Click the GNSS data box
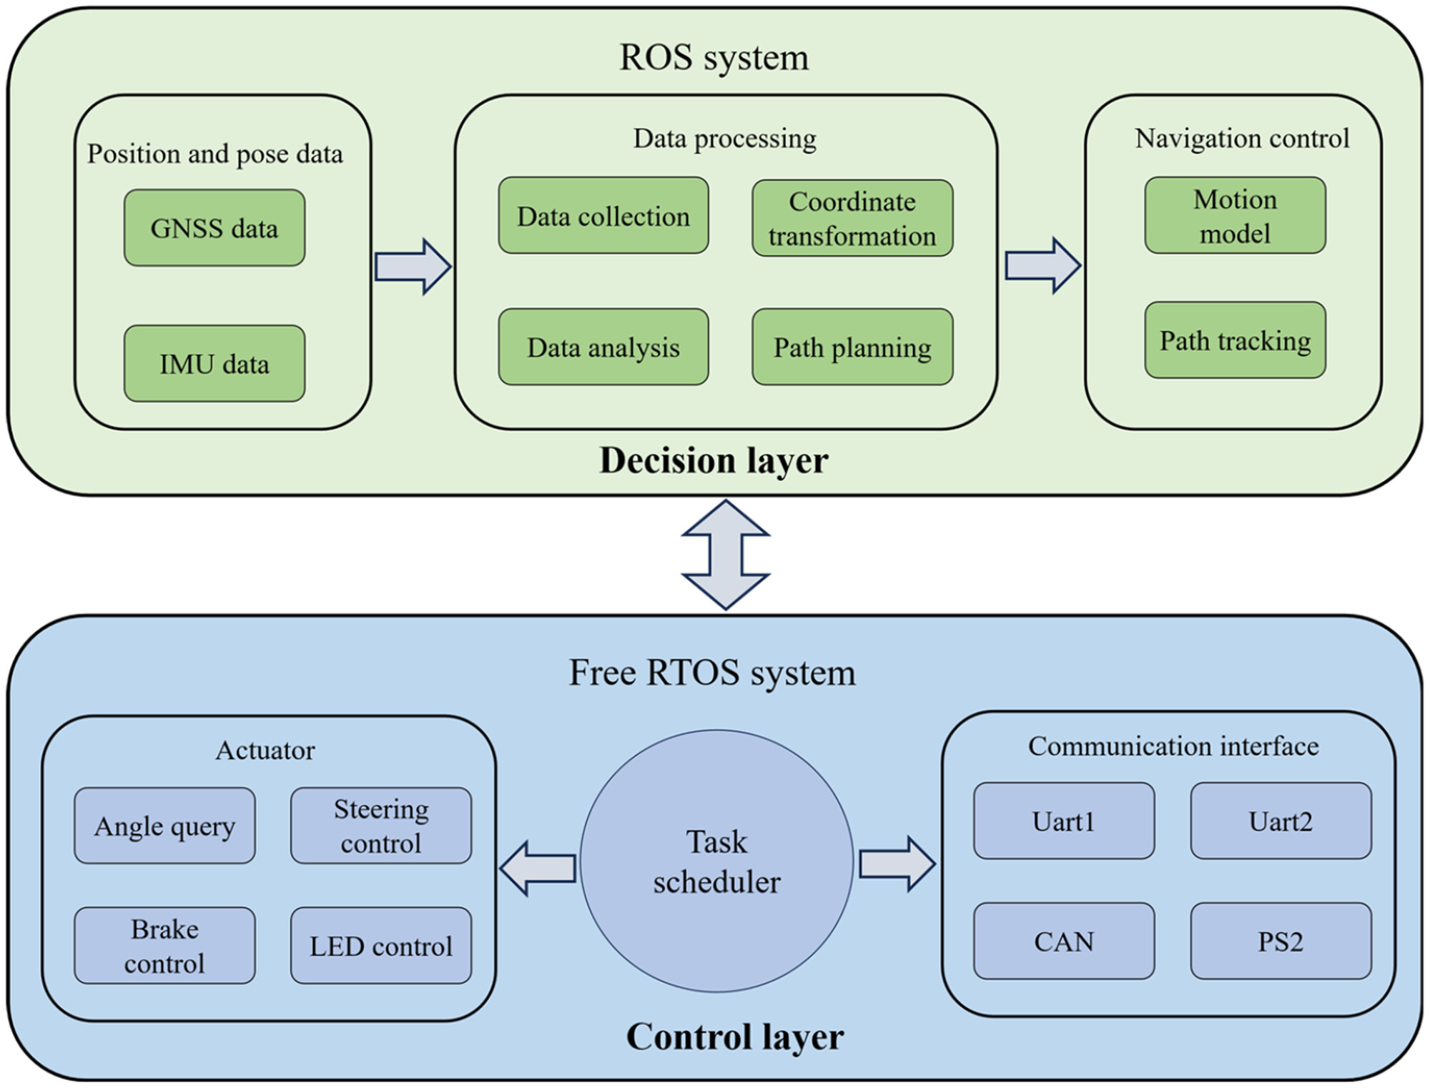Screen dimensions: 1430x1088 tap(214, 228)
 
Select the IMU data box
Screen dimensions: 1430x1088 tap(214, 363)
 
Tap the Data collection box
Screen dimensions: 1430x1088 tap(603, 215)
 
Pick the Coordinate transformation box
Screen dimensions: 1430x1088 tap(852, 218)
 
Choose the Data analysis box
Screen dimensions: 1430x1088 tap(603, 347)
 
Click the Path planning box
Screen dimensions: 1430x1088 tap(852, 347)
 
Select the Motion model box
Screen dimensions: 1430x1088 tap(1235, 215)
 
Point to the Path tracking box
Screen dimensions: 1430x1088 tap(1235, 340)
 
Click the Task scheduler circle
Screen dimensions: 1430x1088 tap(716, 861)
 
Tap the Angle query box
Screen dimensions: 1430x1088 tap(164, 826)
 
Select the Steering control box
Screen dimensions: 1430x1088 tap(381, 826)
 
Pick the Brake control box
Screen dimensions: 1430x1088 tap(164, 946)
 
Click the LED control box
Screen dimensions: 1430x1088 tap(381, 946)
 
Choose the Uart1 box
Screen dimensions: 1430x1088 tap(1064, 821)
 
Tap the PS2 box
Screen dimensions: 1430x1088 tap(1281, 941)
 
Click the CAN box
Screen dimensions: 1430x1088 tap(1064, 941)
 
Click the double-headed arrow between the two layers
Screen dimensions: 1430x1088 tap(726, 555)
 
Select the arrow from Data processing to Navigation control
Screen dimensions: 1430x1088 tap(1043, 266)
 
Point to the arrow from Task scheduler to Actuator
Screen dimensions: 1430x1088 tap(538, 869)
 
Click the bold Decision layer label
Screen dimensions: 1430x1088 tap(714, 460)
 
